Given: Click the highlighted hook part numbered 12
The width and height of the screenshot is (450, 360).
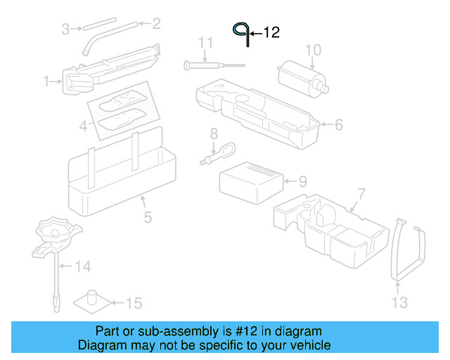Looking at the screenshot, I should point(242,32).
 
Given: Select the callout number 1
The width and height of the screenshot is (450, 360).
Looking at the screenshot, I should point(46,82).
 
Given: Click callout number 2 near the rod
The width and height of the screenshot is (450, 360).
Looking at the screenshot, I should point(156,24).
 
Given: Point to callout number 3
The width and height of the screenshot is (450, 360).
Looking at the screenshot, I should point(65,29).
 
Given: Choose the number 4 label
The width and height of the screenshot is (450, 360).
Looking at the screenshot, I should point(83,127).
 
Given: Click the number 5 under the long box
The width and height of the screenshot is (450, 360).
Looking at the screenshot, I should point(148,217).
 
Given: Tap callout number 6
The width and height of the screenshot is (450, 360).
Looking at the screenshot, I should point(338,125).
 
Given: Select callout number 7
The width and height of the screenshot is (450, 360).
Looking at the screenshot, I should point(361,193).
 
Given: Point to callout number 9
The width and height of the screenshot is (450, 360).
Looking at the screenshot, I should point(302,181).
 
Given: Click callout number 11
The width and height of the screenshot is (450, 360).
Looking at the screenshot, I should point(205,43).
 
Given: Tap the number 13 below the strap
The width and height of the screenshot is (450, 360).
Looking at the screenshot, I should point(399,303).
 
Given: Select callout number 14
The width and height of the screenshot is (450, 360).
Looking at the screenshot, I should point(83,266).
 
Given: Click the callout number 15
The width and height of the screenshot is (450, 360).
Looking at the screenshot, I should point(133,303).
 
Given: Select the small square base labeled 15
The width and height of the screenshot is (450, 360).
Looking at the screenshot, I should point(91,300).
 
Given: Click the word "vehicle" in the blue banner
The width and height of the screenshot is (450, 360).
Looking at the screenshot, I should point(305,345).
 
